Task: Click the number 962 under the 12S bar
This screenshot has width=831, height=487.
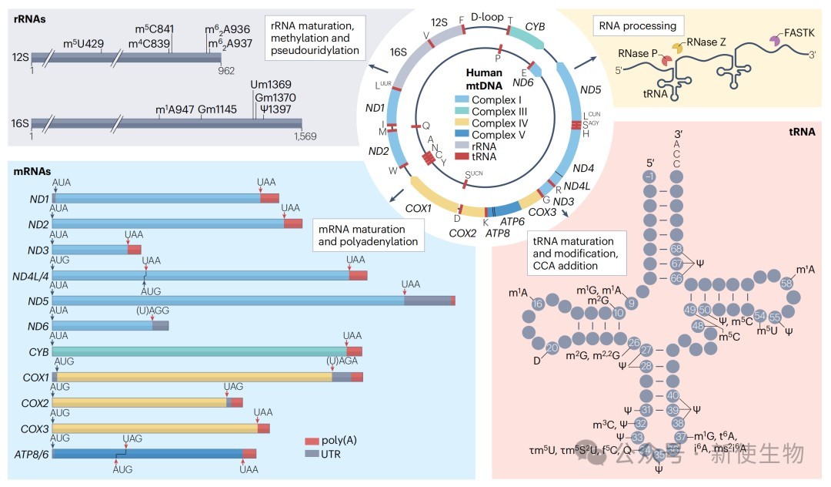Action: tap(226, 69)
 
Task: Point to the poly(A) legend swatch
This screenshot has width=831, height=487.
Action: tap(312, 441)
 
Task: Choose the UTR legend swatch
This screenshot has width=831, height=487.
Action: tap(312, 454)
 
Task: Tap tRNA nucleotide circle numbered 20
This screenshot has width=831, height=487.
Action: tap(551, 348)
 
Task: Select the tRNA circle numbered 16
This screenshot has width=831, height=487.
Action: tap(538, 304)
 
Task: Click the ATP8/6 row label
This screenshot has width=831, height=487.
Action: tap(32, 453)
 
